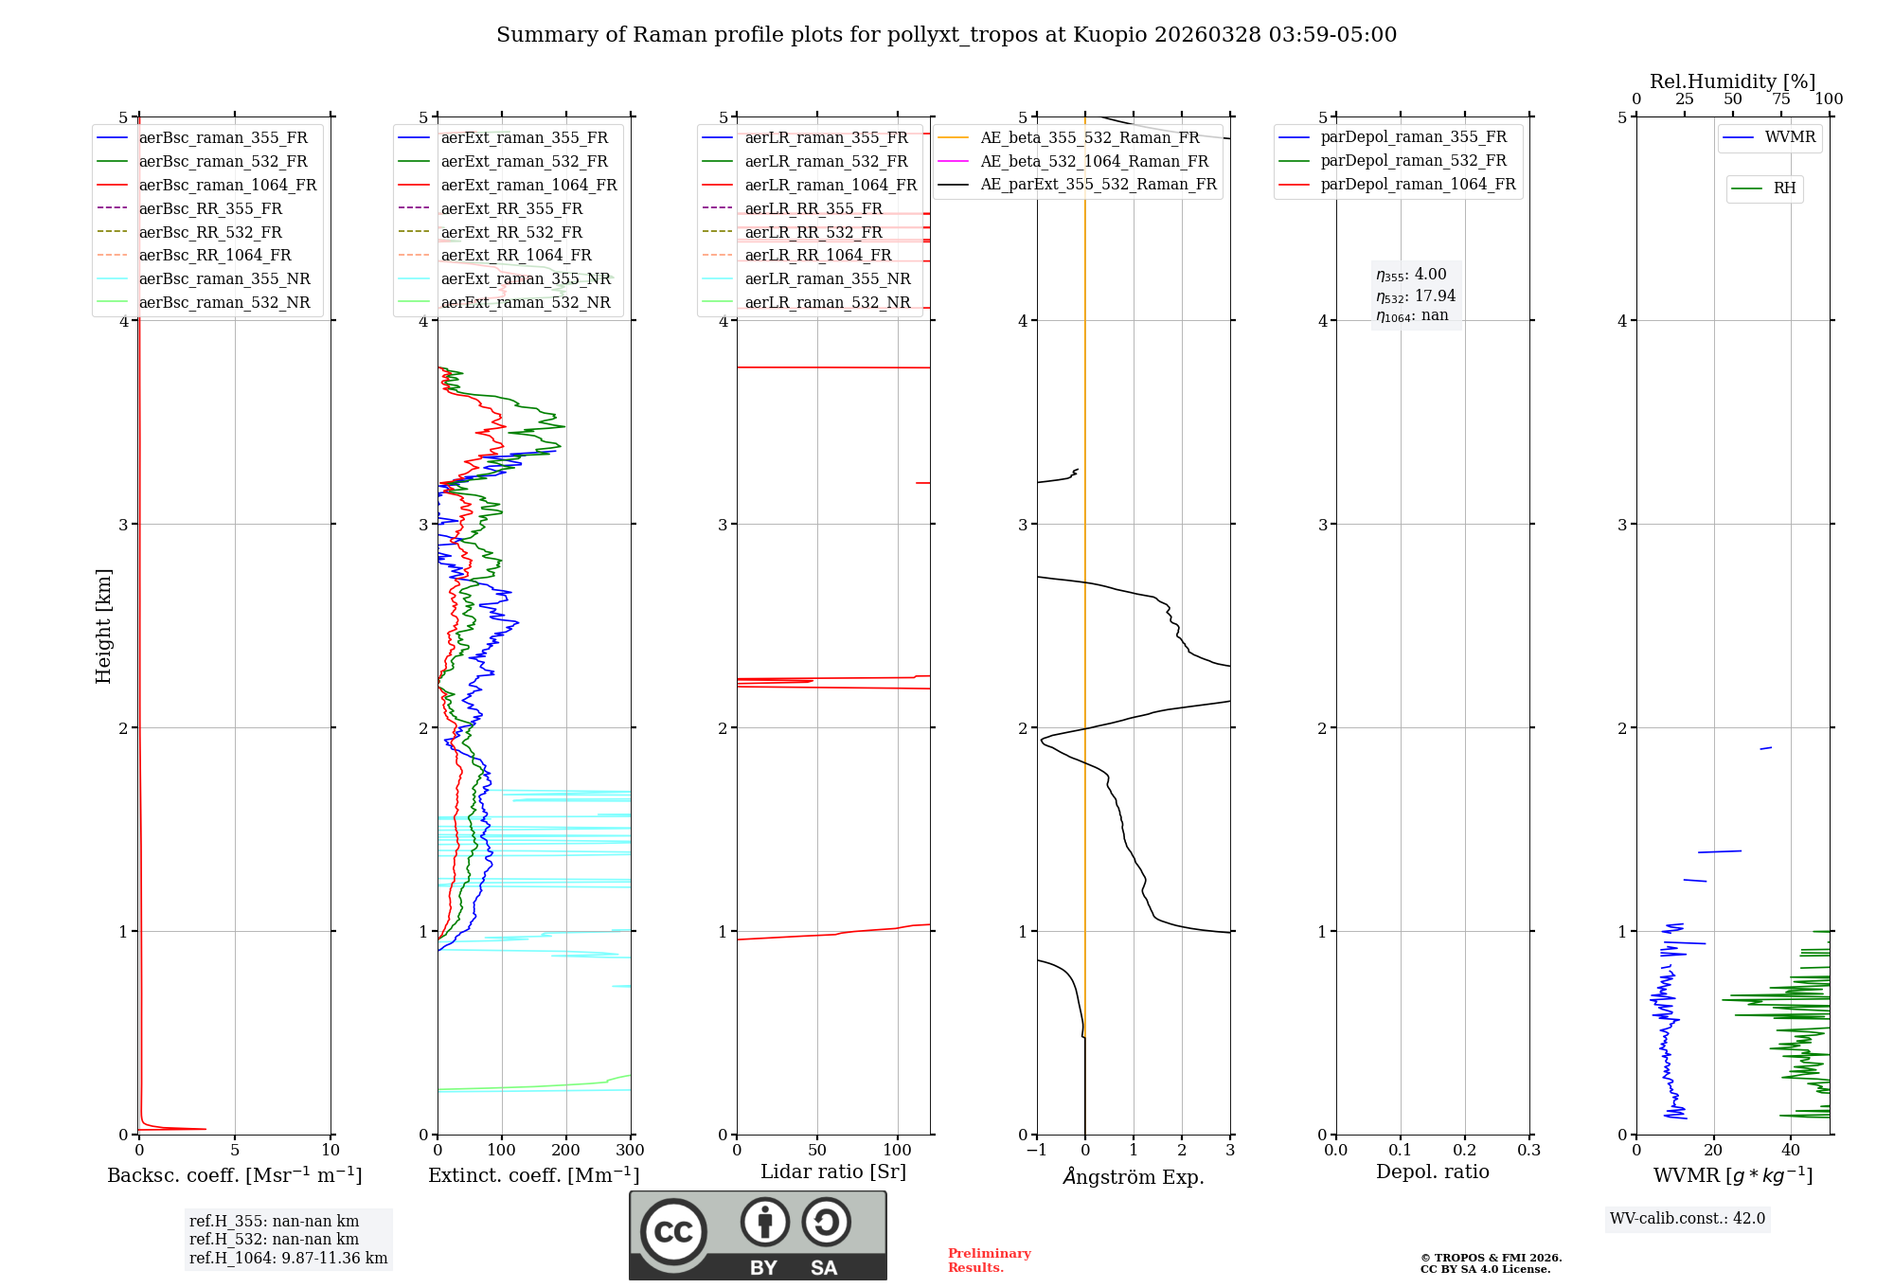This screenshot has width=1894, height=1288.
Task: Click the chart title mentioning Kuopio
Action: (946, 35)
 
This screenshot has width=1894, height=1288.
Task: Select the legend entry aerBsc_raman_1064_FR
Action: (227, 185)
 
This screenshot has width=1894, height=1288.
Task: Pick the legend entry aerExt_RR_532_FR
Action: (511, 232)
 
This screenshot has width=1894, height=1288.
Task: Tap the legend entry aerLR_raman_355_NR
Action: (827, 278)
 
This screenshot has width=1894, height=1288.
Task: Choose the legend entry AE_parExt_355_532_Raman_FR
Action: (1098, 184)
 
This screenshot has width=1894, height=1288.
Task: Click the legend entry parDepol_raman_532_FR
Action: (1413, 160)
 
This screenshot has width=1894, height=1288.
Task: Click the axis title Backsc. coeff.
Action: (234, 1175)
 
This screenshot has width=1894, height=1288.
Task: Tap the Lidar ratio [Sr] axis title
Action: (833, 1172)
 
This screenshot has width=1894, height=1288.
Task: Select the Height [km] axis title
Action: (103, 626)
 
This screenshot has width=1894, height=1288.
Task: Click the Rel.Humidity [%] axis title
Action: (1732, 81)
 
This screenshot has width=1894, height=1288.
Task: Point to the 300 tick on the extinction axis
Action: (631, 1151)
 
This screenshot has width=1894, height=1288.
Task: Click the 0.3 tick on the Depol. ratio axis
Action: (1529, 1151)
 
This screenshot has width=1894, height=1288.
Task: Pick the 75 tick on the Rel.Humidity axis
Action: (1781, 99)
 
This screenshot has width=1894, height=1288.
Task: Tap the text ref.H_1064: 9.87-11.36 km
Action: (288, 1259)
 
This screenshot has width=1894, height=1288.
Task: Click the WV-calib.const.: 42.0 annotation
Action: (1688, 1219)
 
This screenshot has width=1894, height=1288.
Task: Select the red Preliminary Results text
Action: (989, 1261)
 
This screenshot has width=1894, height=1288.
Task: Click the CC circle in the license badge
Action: (673, 1232)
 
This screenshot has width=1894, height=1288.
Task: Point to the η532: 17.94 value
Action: (1416, 296)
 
